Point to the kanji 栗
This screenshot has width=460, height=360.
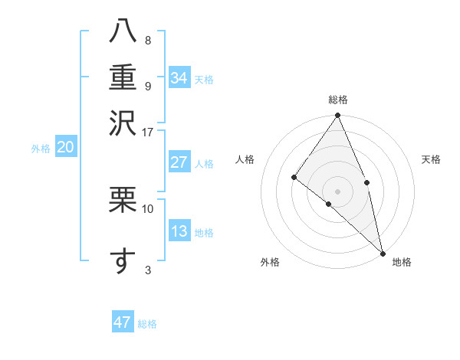[x=123, y=199]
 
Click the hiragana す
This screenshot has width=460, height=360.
[x=123, y=261]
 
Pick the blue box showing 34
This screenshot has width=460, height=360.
[x=179, y=78]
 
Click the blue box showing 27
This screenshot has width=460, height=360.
[x=179, y=162]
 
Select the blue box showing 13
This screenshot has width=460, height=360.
[x=179, y=231]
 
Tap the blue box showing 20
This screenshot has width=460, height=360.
[x=65, y=148]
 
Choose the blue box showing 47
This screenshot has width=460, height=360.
[x=123, y=322]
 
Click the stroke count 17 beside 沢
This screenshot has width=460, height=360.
[x=147, y=132]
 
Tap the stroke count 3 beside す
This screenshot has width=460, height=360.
[x=147, y=270]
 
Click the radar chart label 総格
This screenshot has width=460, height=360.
[x=338, y=100]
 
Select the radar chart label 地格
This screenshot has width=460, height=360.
[x=402, y=262]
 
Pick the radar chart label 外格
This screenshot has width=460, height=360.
[x=270, y=262]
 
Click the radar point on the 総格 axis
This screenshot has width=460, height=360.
[x=338, y=116]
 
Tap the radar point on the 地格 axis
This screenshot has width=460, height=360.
[x=383, y=252]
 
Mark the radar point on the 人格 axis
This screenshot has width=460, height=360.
[x=294, y=178]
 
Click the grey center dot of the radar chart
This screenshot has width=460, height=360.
[x=337, y=191]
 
